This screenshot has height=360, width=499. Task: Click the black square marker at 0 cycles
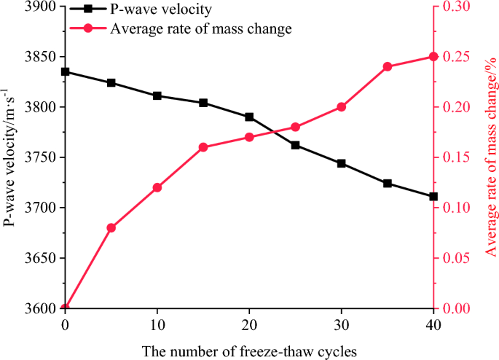click(66, 71)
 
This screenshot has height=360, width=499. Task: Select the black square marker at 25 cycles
click(296, 145)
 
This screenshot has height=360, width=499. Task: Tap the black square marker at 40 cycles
click(433, 197)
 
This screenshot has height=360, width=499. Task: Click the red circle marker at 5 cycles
click(111, 228)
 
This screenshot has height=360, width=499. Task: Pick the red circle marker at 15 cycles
click(203, 147)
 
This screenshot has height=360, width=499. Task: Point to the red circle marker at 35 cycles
click(388, 66)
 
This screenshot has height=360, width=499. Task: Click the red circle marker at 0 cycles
click(66, 308)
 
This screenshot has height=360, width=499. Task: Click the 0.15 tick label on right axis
click(455, 157)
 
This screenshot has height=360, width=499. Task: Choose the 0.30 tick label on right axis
click(455, 7)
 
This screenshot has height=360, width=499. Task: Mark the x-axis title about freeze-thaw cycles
click(249, 351)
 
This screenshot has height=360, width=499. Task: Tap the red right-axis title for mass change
click(490, 157)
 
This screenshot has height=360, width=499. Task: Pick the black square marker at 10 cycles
click(157, 96)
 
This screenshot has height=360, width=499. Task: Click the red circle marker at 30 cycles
click(342, 107)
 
